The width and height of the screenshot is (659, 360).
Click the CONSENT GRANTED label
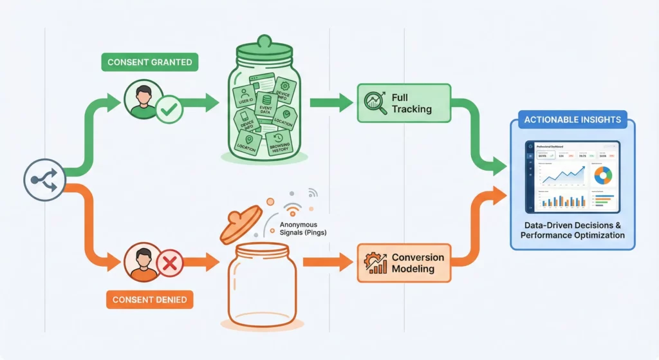[x=149, y=62]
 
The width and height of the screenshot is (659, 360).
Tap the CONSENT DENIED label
[x=149, y=299]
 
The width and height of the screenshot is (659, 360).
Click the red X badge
[x=171, y=263]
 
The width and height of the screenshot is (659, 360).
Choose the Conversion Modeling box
[x=404, y=263]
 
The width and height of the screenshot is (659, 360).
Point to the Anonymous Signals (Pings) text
[x=302, y=229]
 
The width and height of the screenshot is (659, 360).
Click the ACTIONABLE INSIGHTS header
[x=572, y=119]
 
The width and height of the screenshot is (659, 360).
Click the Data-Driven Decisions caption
[x=572, y=231]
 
